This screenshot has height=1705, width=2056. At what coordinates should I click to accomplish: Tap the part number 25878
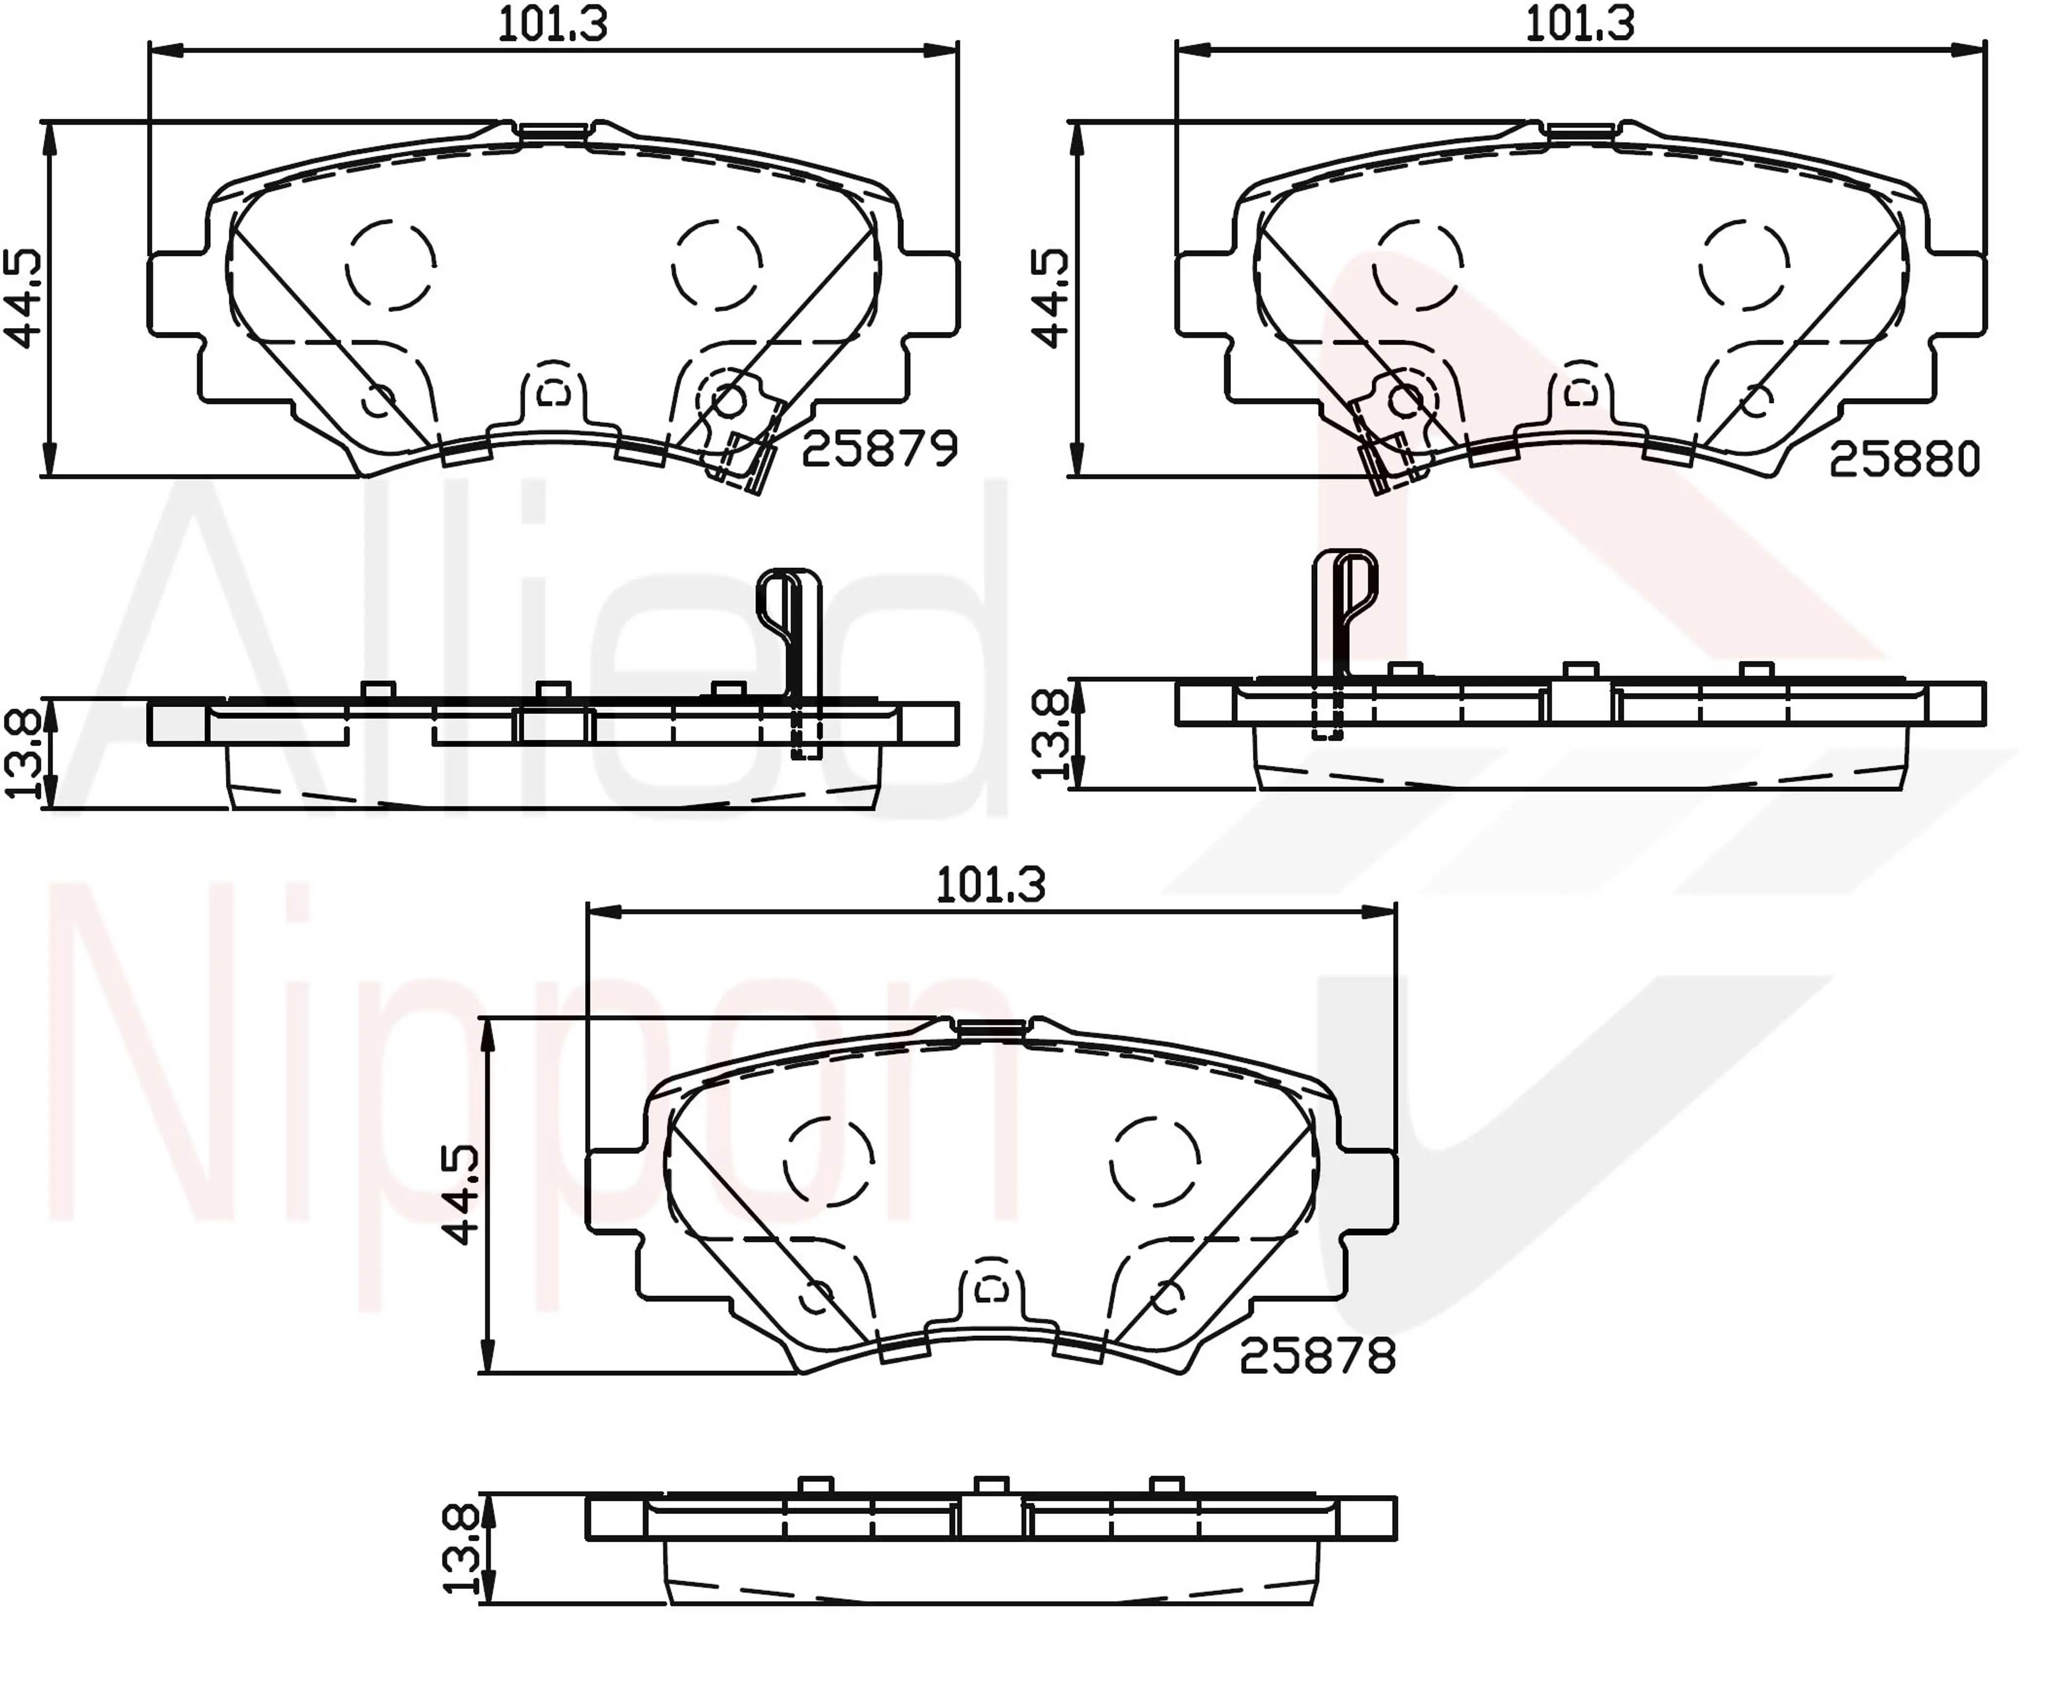click(1318, 1357)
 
